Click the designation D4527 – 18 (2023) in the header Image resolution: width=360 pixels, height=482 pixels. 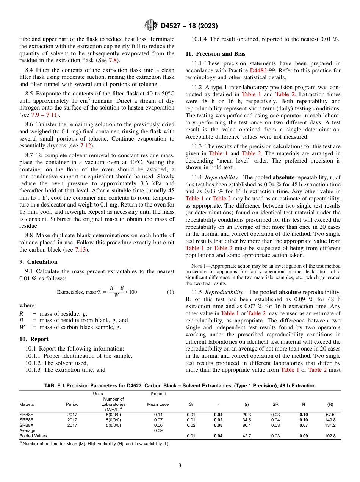pos(189,26)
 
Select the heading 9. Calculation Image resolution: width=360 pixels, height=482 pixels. pos(38,261)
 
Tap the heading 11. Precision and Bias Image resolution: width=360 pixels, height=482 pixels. pos(215,54)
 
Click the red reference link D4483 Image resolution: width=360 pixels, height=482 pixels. pos(258,70)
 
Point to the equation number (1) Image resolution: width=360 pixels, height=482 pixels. pos(171,292)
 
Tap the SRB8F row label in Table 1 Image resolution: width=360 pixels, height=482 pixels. pos(26,415)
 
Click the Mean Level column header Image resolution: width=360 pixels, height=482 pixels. pos(158,404)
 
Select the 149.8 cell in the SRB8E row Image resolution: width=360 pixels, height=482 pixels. pos(330,420)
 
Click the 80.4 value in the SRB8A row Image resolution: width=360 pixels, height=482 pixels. pos(247,425)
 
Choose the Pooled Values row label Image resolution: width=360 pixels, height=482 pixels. pos(33,436)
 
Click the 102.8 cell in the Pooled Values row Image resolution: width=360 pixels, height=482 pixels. pos(330,436)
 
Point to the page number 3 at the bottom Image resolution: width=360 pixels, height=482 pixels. pos(180,466)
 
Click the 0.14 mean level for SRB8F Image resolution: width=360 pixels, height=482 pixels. pos(158,415)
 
